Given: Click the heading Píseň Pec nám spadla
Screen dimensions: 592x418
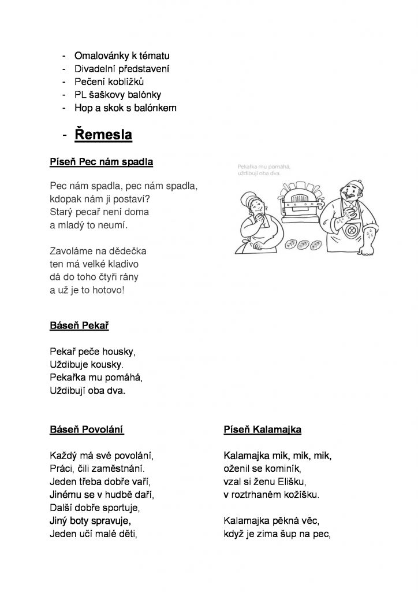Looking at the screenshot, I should coord(101,162).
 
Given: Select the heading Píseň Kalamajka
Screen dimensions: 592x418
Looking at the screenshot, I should coord(262,430).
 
